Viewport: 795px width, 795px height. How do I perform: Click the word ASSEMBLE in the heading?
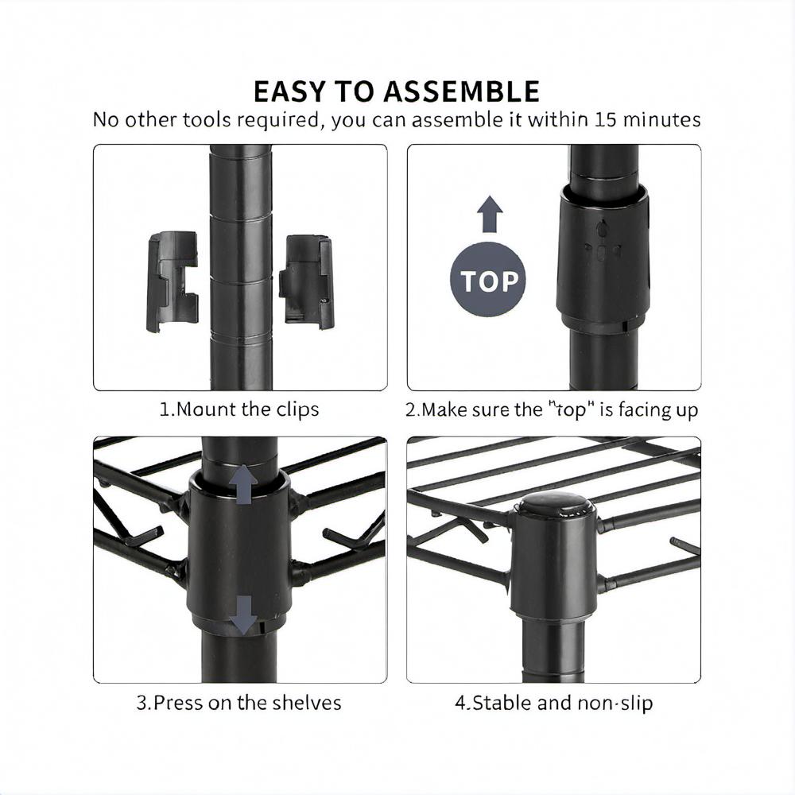[x=461, y=91]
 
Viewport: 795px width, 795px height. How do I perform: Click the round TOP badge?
[x=488, y=280]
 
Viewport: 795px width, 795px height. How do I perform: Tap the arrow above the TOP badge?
[x=490, y=214]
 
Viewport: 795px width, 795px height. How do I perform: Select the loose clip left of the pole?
[x=173, y=282]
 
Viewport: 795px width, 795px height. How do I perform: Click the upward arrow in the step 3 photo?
[x=244, y=485]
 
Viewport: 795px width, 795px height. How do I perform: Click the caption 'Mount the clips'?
[x=239, y=409]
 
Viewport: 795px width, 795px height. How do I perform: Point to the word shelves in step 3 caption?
[x=307, y=703]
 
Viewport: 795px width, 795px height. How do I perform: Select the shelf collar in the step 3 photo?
[x=240, y=547]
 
